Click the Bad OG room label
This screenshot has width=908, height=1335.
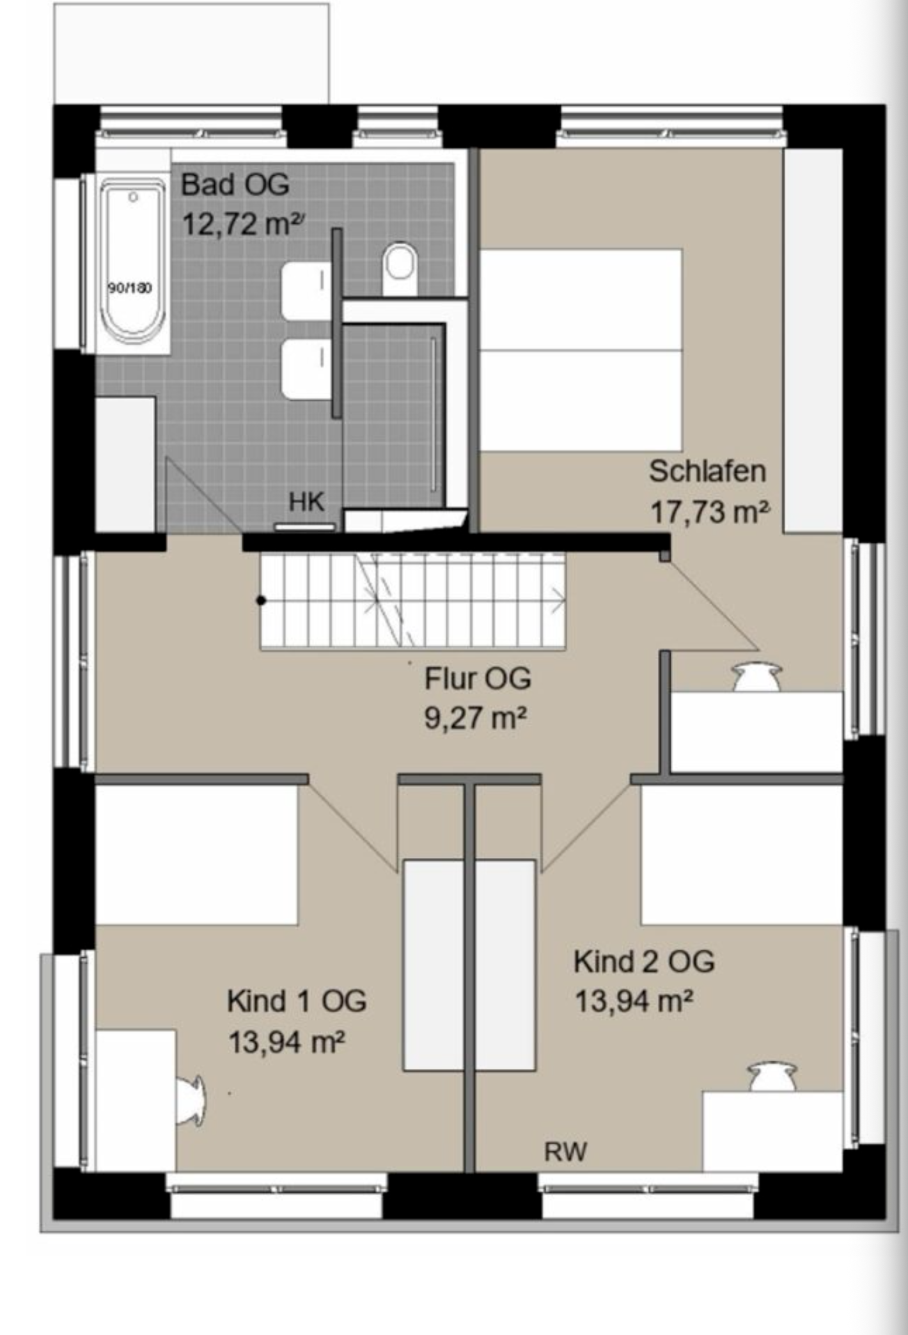(x=235, y=185)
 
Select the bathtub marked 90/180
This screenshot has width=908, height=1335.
(x=133, y=263)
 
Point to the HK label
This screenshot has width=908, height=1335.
(x=307, y=503)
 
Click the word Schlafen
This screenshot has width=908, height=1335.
(x=707, y=471)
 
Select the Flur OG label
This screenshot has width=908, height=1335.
(x=478, y=678)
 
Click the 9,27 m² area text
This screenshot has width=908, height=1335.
(x=476, y=718)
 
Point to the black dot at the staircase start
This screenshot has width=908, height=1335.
(x=261, y=600)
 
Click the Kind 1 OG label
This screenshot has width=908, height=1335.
(x=297, y=1001)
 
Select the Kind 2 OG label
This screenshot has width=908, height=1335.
(x=644, y=962)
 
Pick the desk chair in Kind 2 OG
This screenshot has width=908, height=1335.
(x=773, y=1077)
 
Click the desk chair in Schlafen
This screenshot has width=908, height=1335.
(x=758, y=677)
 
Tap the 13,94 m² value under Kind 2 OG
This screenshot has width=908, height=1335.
(x=634, y=1001)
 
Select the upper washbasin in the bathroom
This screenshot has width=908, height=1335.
(x=306, y=290)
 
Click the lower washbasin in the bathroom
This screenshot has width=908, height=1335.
(x=306, y=370)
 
